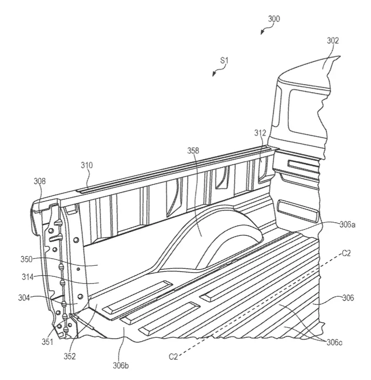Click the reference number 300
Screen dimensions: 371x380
274,19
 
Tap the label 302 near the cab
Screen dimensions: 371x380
333,41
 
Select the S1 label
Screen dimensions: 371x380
224,60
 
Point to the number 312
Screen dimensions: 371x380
260,133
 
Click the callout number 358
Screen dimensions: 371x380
193,150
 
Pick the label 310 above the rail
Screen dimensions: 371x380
87,165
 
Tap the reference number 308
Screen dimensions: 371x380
39,181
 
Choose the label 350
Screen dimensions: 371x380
26,259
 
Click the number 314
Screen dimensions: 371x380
27,277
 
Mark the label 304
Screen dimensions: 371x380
24,297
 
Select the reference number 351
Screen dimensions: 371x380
47,342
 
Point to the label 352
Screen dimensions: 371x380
69,356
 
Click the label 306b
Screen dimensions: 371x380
121,365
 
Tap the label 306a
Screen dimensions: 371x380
347,225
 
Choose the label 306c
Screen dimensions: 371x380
334,342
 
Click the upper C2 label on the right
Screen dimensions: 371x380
346,253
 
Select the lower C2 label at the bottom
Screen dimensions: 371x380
173,357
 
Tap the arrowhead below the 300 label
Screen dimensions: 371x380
262,33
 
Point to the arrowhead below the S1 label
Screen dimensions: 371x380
214,74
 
